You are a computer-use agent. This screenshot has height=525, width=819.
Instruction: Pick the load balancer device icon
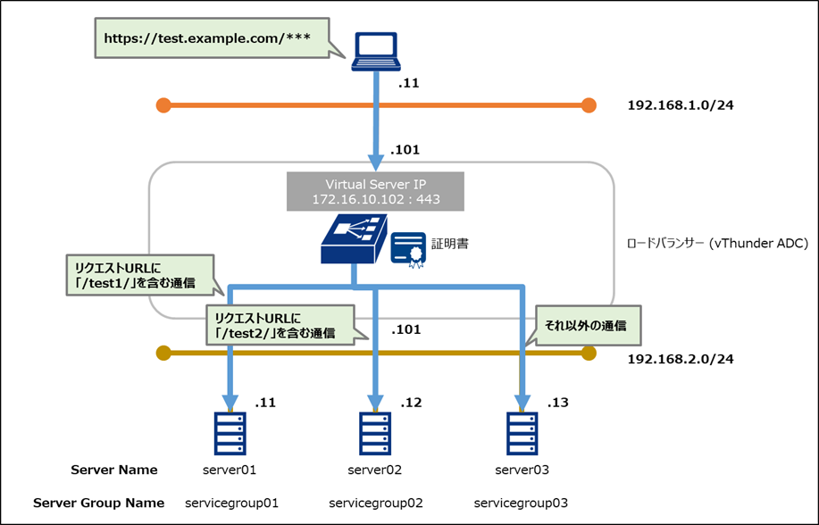coord(355,238)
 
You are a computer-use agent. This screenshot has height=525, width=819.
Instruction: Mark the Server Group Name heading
coord(98,502)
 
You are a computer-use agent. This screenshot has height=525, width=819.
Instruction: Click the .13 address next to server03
coord(558,404)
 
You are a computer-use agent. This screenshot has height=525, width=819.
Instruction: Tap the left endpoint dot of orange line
coord(163,105)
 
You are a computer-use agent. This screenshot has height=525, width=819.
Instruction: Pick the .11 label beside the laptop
coord(408,84)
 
